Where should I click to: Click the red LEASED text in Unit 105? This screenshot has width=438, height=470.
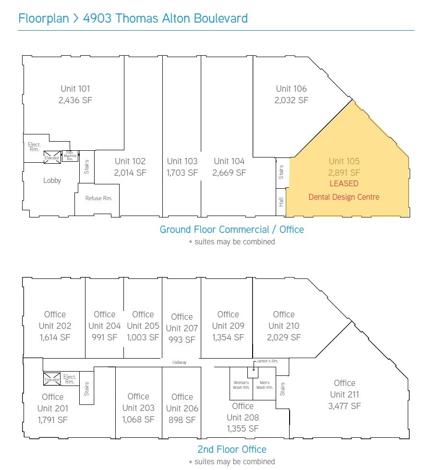click(344, 183)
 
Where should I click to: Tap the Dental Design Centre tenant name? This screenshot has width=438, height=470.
click(344, 197)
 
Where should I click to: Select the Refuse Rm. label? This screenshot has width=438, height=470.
click(98, 198)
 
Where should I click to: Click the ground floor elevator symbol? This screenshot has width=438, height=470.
click(52, 157)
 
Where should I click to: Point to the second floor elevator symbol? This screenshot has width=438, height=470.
click(52, 379)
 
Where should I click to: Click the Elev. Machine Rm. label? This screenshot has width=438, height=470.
click(70, 156)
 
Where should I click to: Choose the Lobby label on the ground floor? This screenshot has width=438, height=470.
click(52, 181)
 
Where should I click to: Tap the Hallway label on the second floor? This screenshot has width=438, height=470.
click(179, 362)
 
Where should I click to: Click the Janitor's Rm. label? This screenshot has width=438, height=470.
click(268, 361)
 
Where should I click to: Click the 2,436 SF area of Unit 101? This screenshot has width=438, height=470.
click(75, 100)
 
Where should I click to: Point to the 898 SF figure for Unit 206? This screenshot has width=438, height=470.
click(182, 420)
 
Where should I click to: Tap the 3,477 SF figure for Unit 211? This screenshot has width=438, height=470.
click(344, 406)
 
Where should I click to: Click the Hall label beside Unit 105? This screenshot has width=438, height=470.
click(281, 202)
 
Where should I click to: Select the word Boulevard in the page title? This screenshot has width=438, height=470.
click(220, 18)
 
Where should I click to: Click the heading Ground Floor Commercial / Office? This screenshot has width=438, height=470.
click(232, 229)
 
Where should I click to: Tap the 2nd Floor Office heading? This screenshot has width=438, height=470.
click(232, 449)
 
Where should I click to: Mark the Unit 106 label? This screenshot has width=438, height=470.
click(292, 89)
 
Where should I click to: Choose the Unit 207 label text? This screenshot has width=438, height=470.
click(182, 328)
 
